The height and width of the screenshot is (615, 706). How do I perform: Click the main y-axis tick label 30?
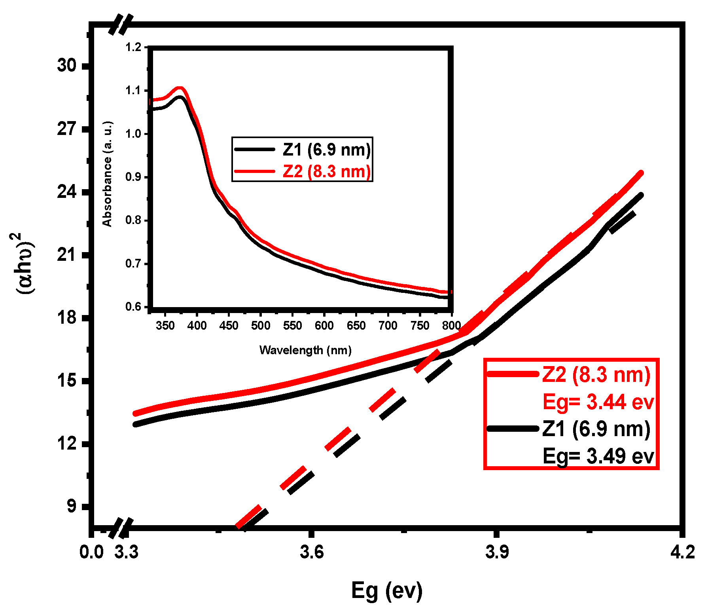[66, 65]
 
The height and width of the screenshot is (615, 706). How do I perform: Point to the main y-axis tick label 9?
[71, 506]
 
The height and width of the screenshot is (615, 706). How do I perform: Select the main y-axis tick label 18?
[66, 317]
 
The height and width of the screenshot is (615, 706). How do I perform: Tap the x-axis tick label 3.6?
[312, 552]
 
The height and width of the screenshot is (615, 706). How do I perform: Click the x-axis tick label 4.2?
[683, 552]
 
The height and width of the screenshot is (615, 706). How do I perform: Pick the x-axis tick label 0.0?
[91, 552]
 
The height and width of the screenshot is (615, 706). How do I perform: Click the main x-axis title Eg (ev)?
[386, 590]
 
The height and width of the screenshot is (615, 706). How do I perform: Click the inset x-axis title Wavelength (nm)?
[305, 350]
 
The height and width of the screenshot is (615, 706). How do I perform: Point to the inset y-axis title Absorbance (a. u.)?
[107, 174]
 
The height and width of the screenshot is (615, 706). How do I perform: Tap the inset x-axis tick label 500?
[260, 326]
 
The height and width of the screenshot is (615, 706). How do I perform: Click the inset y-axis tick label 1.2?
[133, 47]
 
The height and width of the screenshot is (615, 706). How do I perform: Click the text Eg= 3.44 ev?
[598, 402]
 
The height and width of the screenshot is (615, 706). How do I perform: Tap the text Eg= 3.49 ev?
[598, 456]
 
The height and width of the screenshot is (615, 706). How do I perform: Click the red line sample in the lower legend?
[513, 374]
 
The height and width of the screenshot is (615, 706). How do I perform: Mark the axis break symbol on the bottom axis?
[121, 529]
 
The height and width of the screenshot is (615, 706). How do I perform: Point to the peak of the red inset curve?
[180, 88]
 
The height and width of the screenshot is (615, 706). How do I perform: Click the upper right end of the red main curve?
[640, 173]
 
